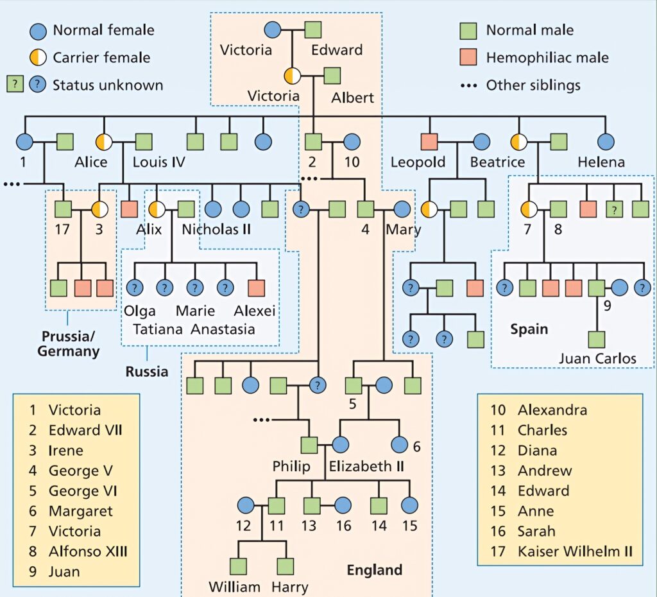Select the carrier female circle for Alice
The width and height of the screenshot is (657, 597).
point(105,142)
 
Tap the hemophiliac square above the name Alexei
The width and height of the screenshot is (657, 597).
point(256,288)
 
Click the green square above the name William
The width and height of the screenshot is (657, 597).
point(239,566)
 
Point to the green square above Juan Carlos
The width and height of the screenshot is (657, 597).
point(597,339)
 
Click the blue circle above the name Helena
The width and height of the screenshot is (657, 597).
point(605,142)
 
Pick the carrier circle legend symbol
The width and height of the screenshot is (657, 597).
point(38,57)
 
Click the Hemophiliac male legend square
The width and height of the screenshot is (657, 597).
point(469,57)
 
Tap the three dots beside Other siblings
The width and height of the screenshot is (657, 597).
point(469,85)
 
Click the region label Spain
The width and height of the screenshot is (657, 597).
point(529,329)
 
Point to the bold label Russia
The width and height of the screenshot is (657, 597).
point(147,371)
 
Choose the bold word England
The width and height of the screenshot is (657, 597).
point(375,570)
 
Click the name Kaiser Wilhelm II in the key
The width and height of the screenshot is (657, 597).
point(575,551)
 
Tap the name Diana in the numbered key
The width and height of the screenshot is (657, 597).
point(537,450)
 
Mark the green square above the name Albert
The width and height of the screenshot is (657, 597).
point(332,76)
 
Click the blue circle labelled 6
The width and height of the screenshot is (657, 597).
point(399,444)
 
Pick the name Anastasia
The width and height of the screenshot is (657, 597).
point(222,329)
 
